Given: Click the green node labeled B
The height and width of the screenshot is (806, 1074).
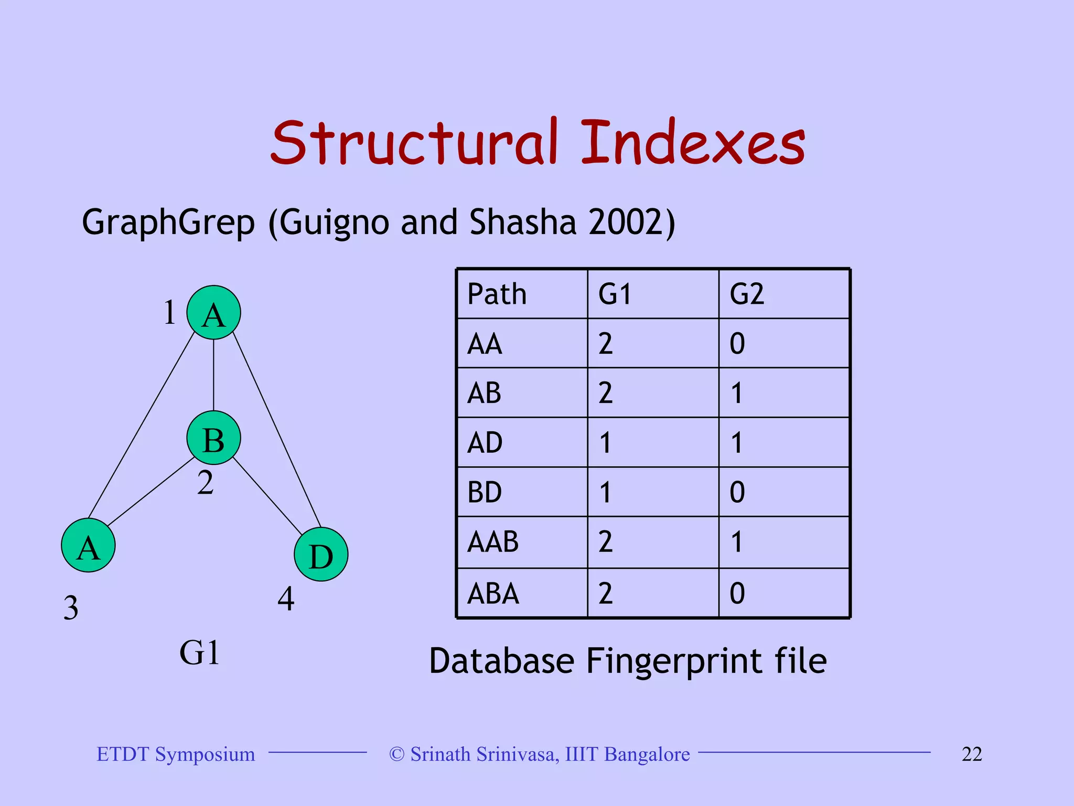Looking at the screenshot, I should pos(213,438).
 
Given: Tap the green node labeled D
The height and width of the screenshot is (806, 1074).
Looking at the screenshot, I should pos(320,554).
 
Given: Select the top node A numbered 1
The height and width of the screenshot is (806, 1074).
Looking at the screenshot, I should pos(213,313).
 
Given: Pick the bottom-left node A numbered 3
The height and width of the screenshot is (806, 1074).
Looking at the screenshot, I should pos(88,545).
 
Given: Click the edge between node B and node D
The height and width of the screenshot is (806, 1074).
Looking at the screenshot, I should pos(267,496).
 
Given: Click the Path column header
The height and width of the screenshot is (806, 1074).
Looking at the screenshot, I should pos(497,294).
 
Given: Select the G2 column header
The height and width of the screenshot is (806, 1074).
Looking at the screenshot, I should pos(747,294).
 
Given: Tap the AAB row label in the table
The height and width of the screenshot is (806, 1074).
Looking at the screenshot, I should pos(492,542).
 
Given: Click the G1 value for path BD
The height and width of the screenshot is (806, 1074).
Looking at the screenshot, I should pos(605,492).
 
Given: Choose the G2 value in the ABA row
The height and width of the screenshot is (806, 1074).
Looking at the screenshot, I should pos(737,593).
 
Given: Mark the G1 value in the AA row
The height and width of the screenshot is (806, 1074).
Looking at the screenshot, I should pos(605,344).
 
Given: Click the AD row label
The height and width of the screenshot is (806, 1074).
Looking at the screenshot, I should pos(485,443).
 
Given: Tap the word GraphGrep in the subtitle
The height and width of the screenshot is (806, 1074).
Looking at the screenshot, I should pos(168,222).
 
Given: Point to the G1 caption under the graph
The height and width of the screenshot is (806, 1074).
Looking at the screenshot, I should pos(199,653).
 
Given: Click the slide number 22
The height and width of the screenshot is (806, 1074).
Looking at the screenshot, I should pos(971,754).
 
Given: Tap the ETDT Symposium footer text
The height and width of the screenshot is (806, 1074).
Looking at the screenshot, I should pos(176,754).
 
